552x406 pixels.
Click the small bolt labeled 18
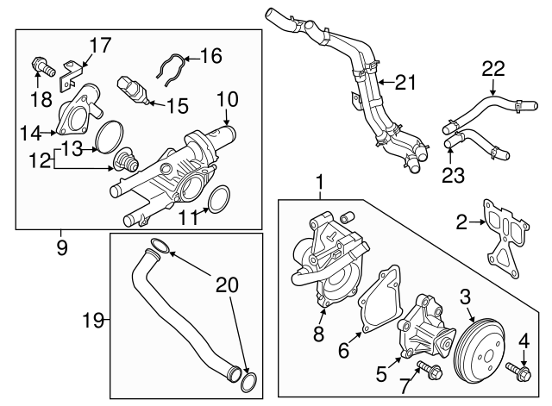(39, 65)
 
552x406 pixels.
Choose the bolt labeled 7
(427, 373)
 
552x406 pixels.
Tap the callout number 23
(452, 175)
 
